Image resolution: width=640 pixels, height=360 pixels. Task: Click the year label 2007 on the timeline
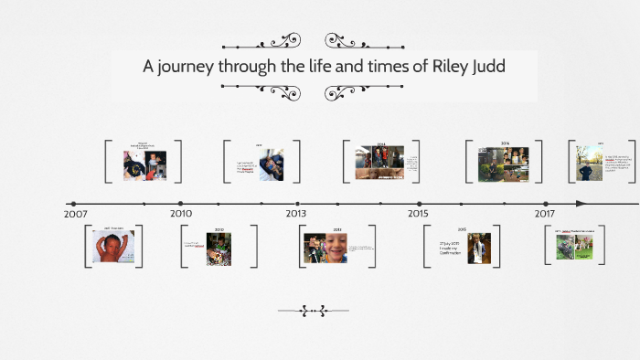coord(77,213)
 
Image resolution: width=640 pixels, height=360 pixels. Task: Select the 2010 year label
coord(181,213)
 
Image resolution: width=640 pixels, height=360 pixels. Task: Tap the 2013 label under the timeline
coord(294,213)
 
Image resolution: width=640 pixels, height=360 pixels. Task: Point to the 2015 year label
coord(418,213)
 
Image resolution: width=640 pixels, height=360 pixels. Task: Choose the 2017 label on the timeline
coord(545,213)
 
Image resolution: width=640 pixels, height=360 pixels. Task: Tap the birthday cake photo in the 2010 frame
coord(219,249)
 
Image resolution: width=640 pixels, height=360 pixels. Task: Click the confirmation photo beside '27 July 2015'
coord(479,248)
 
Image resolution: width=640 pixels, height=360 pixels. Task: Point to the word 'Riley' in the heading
coord(429,66)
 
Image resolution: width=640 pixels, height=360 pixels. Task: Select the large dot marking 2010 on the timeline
coord(181,203)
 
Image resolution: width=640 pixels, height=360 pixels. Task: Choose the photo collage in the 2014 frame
coord(379,163)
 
